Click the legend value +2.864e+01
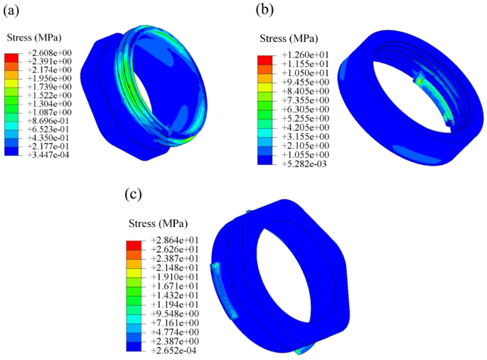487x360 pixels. (173, 242)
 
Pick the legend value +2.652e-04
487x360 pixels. (173, 349)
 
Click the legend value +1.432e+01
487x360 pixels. (173, 296)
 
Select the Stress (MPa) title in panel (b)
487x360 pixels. (288, 38)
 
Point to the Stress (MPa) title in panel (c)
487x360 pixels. (157, 223)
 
